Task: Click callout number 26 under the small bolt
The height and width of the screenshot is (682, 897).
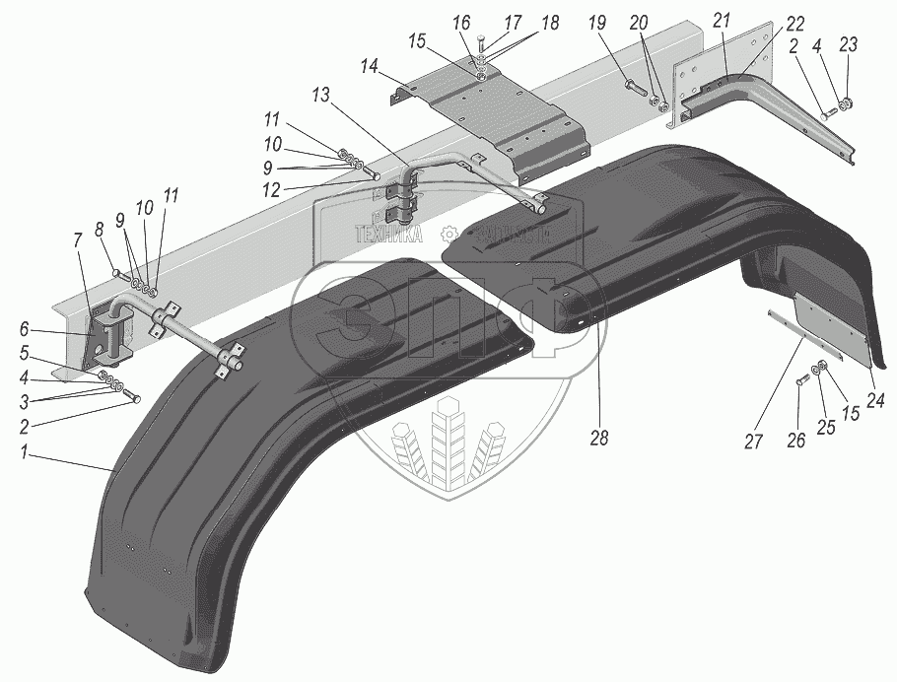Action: [x=796, y=442]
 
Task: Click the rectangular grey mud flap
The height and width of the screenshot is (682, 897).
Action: [x=832, y=332]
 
